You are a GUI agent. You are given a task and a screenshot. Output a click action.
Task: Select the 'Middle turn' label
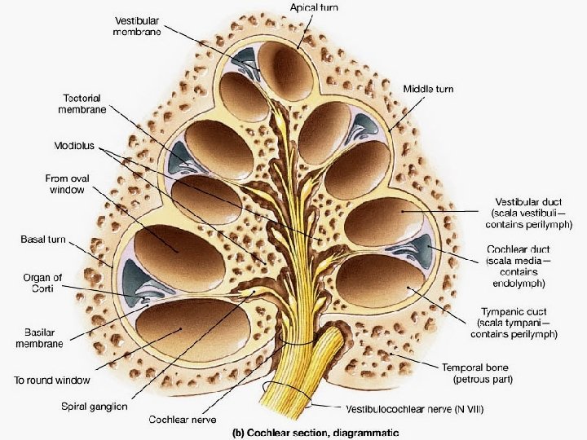[x=428, y=89]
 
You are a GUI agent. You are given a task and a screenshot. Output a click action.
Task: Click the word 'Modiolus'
[x=74, y=147]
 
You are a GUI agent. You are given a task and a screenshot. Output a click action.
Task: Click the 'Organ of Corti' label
[x=42, y=283]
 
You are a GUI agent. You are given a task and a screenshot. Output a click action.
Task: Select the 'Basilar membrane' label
[x=38, y=338]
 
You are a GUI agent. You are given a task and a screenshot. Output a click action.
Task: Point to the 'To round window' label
[x=51, y=380]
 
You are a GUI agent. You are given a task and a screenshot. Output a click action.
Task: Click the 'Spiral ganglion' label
[x=94, y=406]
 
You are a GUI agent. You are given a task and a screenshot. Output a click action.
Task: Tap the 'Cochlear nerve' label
[x=181, y=420]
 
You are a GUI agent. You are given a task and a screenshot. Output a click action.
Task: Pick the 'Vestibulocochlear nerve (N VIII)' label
[x=414, y=409]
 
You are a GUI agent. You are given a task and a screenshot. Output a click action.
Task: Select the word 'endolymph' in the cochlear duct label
[x=519, y=283]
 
